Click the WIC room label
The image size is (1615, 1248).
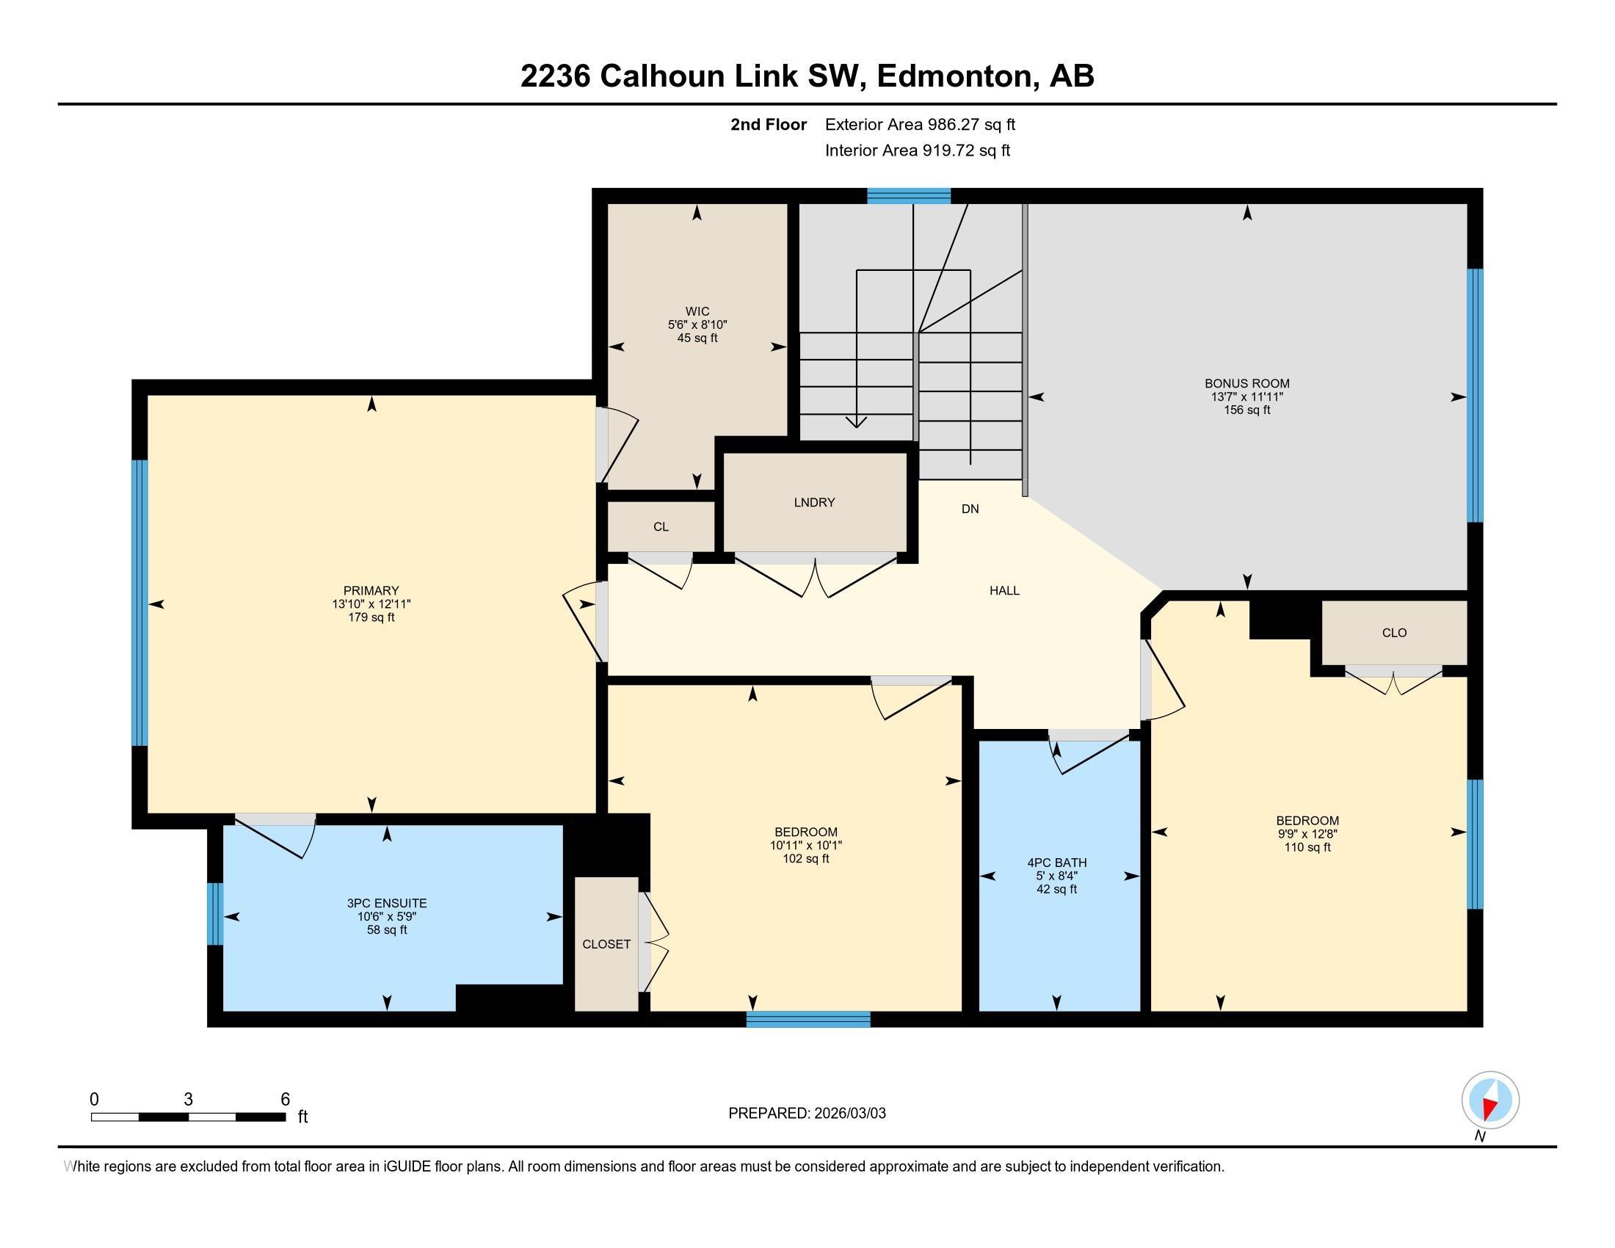(x=697, y=312)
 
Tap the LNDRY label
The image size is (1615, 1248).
(x=814, y=503)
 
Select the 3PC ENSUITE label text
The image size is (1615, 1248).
(x=387, y=904)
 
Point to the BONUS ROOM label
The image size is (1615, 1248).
(x=1246, y=384)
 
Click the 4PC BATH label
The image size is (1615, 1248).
(x=1056, y=863)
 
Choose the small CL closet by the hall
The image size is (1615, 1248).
(x=661, y=527)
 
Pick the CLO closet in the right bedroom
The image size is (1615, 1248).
(x=1394, y=633)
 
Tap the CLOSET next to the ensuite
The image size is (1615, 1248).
(x=606, y=944)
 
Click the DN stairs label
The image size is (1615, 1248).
(x=970, y=509)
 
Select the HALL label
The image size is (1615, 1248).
(x=1004, y=591)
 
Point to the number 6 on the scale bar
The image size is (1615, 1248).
(x=286, y=1100)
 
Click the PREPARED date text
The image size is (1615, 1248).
(x=807, y=1114)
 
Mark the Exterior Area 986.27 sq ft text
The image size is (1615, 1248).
(x=920, y=125)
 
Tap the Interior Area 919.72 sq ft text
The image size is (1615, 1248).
(x=917, y=150)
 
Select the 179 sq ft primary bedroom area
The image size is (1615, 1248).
(x=371, y=617)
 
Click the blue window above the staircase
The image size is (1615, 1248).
(x=908, y=196)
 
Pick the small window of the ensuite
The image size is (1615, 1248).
(x=214, y=914)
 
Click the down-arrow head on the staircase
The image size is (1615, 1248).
(x=856, y=422)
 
